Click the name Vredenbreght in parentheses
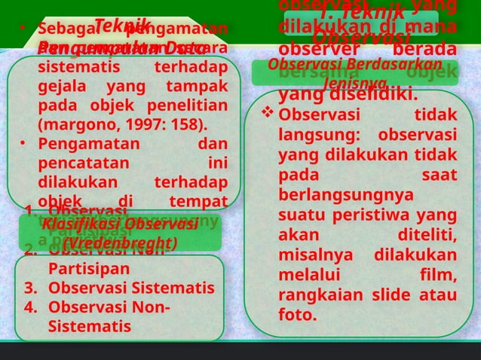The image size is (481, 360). (121, 244)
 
